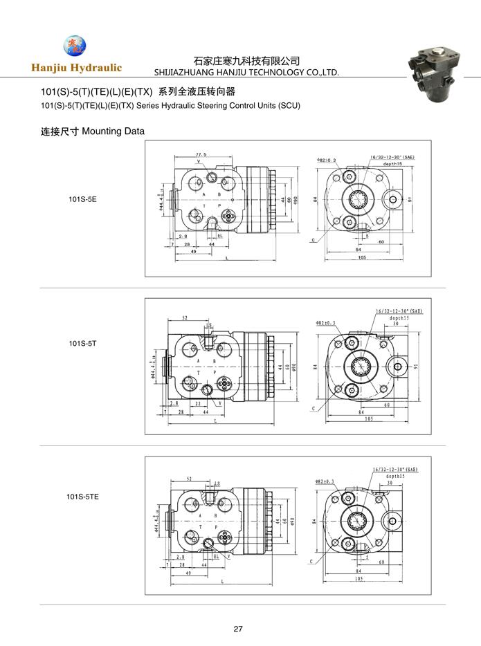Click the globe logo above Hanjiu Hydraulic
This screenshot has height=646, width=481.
75,46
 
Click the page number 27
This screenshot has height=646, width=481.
238,629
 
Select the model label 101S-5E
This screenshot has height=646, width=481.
82,199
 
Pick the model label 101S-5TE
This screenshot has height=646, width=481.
84,496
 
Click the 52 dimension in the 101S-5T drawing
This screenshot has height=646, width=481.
185,318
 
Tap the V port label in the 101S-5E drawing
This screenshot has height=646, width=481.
199,161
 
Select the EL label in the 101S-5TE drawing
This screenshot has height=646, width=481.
216,555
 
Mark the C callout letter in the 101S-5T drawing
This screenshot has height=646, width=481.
314,409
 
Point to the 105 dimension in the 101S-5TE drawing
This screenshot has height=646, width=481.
359,578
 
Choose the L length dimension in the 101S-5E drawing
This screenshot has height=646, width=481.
228,257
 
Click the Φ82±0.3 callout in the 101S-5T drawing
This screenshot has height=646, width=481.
326,322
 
